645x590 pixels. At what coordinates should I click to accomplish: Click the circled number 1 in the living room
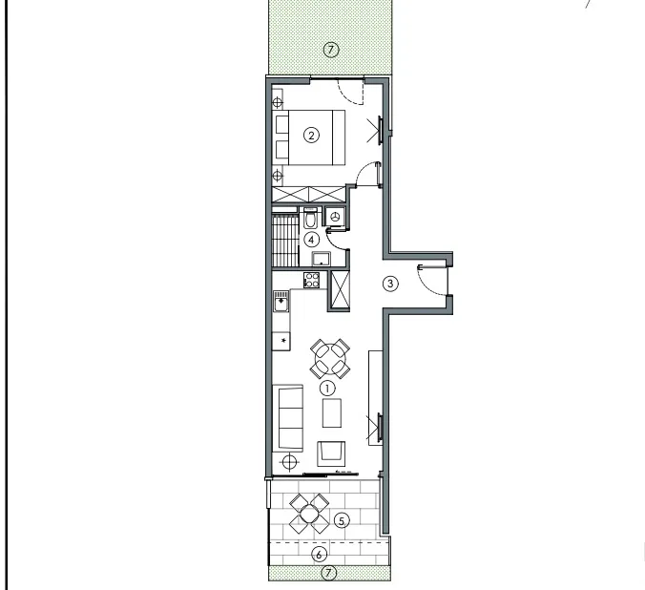coord(327,389)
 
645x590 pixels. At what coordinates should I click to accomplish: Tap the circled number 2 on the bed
coord(311,135)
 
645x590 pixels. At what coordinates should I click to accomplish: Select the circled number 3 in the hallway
coord(390,284)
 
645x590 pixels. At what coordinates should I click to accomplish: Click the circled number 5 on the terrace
coord(342,521)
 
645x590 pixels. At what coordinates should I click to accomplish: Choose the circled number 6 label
coord(320,555)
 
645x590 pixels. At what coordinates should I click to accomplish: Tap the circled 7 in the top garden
coord(331,50)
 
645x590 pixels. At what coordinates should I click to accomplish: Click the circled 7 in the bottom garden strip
coord(328,573)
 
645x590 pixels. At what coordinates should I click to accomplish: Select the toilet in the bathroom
coord(310,218)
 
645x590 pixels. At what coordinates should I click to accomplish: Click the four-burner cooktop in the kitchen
coord(312,280)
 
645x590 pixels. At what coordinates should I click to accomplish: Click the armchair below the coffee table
coord(331,453)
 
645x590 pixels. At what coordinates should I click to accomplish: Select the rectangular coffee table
coord(332,413)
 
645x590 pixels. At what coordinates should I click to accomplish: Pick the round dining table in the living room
coord(330,359)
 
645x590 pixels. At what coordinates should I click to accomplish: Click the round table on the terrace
coord(309,514)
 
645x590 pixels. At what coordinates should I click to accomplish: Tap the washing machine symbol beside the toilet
coord(336,216)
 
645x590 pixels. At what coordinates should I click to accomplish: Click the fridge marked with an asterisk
coord(281,342)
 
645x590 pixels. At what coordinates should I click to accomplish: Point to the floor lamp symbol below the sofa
coord(290,462)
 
